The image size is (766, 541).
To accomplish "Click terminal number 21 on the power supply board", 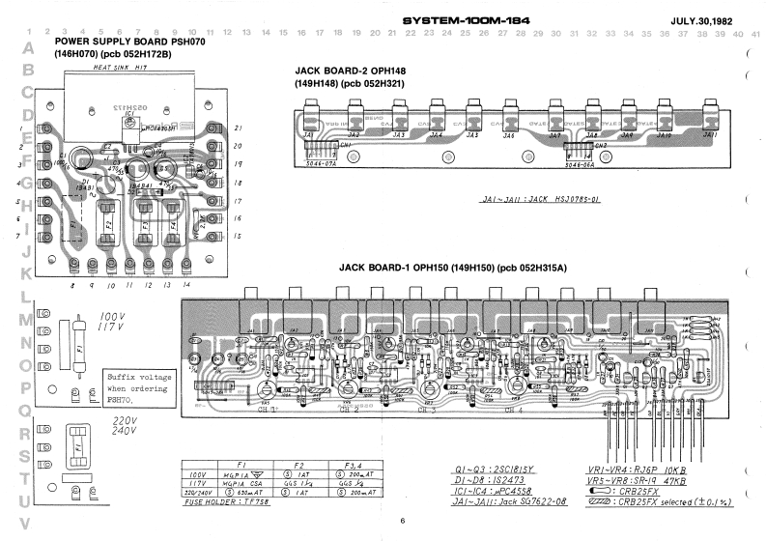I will point(237,128).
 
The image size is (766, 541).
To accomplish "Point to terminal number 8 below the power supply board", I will point(71,286).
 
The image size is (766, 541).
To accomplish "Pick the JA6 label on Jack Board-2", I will point(508,135).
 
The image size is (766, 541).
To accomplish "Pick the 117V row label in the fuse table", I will point(197,484).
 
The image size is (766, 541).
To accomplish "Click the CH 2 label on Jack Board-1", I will point(350,411).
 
